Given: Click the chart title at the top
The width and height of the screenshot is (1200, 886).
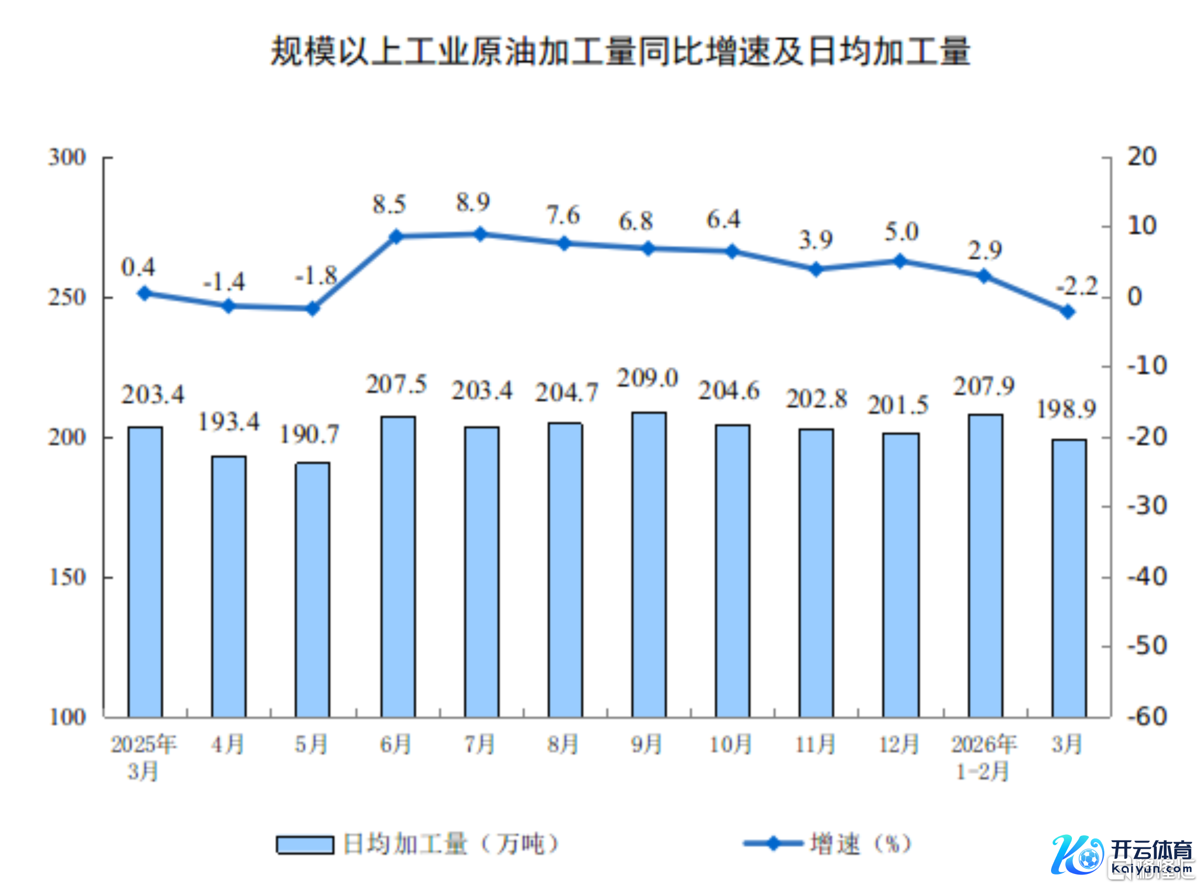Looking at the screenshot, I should pyautogui.click(x=620, y=52).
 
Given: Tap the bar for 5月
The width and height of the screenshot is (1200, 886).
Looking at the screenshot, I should pyautogui.click(x=312, y=589).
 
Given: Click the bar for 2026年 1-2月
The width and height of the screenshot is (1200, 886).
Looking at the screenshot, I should pyautogui.click(x=985, y=565).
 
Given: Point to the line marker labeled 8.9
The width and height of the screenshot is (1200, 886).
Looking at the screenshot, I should pyautogui.click(x=480, y=234).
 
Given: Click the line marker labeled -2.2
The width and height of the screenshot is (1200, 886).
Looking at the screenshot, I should pyautogui.click(x=1068, y=311).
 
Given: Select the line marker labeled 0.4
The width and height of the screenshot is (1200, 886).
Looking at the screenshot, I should pyautogui.click(x=144, y=293).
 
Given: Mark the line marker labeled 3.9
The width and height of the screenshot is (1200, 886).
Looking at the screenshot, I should pyautogui.click(x=816, y=269).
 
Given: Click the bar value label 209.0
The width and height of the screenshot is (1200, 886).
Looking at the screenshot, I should pyautogui.click(x=648, y=378).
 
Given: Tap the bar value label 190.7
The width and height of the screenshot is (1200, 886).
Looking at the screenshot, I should pyautogui.click(x=309, y=435).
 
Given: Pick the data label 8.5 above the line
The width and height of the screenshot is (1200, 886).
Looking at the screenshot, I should pyautogui.click(x=389, y=204).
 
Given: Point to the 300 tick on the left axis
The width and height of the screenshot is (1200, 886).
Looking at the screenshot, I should pyautogui.click(x=67, y=158).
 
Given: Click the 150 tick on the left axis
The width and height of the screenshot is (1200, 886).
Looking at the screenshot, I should pyautogui.click(x=67, y=577).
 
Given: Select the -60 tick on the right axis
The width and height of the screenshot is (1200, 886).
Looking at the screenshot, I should pyautogui.click(x=1147, y=717).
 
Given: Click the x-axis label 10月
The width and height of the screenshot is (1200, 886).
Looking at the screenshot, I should pyautogui.click(x=730, y=744).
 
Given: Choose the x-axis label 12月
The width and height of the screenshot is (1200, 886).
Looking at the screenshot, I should pyautogui.click(x=898, y=744).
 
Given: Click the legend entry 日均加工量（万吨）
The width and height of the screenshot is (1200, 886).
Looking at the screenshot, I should pyautogui.click(x=419, y=844).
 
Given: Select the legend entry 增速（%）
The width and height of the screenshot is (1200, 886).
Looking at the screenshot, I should pyautogui.click(x=829, y=844).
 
